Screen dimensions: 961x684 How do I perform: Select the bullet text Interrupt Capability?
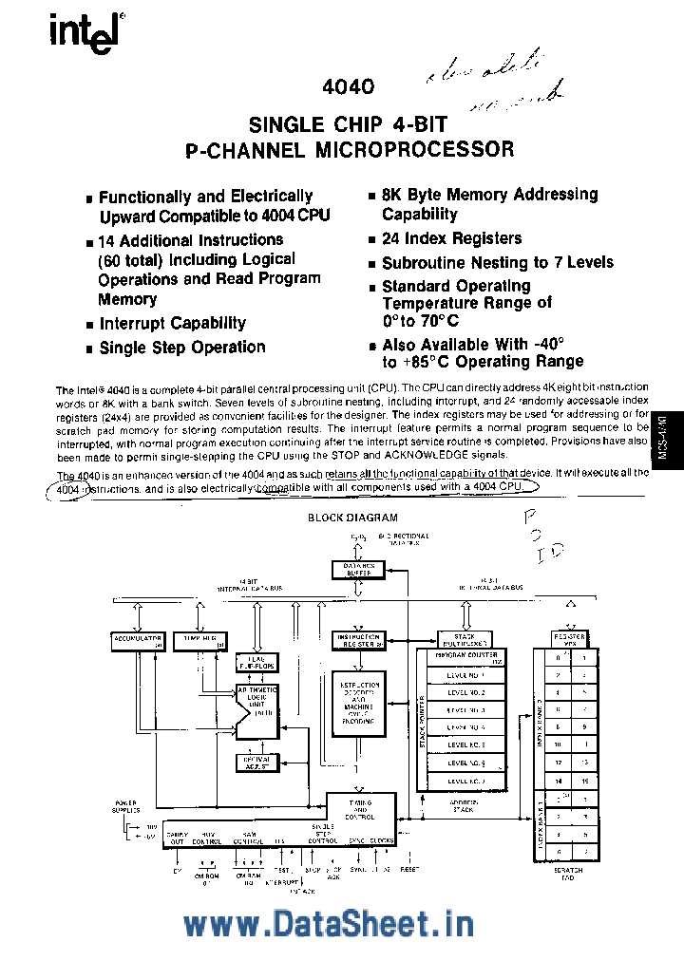click(x=172, y=324)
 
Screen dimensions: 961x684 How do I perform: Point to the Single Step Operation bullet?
click(x=182, y=348)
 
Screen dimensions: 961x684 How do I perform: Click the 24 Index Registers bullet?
click(x=451, y=239)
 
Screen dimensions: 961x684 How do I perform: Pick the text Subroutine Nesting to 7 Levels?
click(x=497, y=263)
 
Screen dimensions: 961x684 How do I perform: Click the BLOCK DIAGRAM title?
click(x=352, y=518)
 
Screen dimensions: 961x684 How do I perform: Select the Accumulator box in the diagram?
click(x=139, y=641)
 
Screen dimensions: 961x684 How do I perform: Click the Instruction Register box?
click(x=359, y=641)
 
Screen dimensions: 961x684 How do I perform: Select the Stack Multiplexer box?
click(x=465, y=640)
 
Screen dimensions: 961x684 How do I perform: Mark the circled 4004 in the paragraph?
click(x=66, y=488)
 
